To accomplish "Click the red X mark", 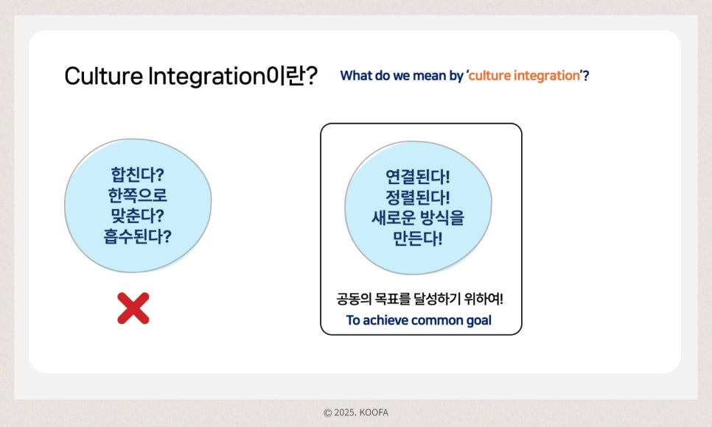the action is [x=133, y=308].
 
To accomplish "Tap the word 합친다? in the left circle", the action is [x=138, y=174].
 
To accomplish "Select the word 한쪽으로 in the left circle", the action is [x=138, y=195].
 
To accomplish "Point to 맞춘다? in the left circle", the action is [x=138, y=216].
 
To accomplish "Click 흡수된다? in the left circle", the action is [x=138, y=236].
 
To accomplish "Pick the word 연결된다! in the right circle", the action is [x=418, y=177].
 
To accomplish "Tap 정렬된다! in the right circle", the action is [x=418, y=197].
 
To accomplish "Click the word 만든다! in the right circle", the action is [x=418, y=239].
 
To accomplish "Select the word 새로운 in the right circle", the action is [x=394, y=218].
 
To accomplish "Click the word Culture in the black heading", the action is [x=103, y=76].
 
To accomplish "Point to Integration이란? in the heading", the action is [x=233, y=76].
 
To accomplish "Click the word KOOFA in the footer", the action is [x=374, y=412].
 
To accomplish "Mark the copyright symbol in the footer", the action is [x=327, y=413].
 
